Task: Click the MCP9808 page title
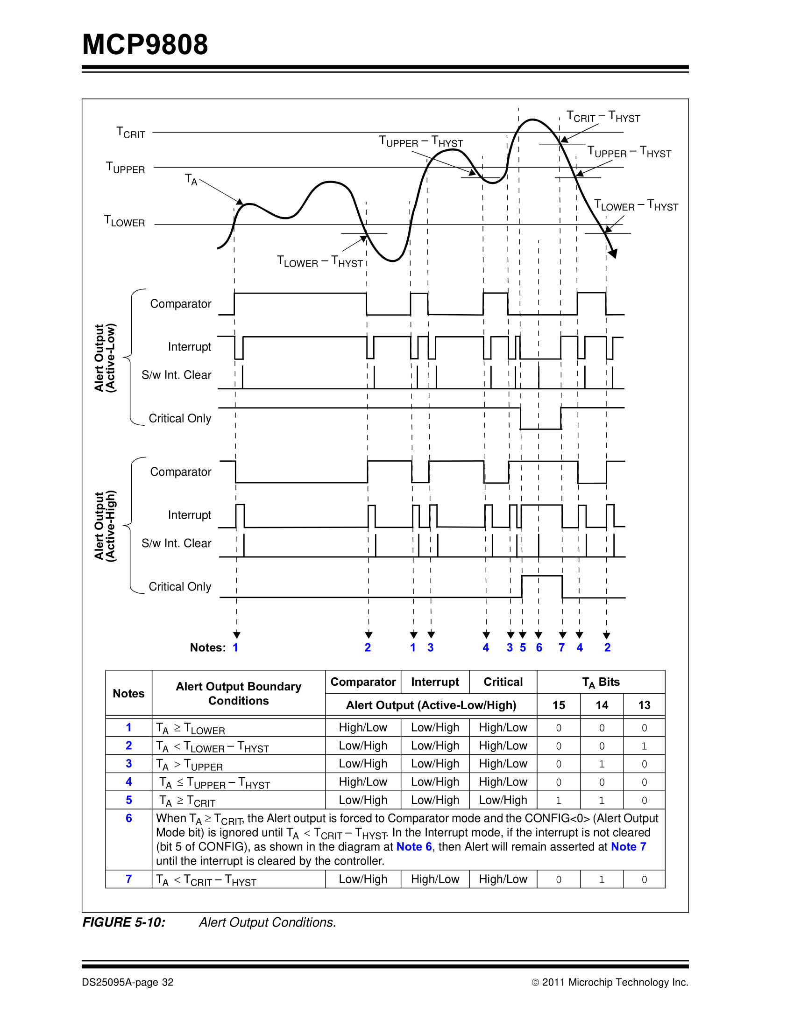pos(145,45)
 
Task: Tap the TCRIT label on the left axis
pos(131,133)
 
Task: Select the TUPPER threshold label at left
pos(125,168)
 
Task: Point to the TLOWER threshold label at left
pos(124,221)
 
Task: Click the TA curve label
pos(191,180)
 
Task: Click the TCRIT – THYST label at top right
pos(603,116)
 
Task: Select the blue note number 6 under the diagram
pos(539,647)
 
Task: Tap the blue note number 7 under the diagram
pos(561,647)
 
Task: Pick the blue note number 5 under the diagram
pos(523,647)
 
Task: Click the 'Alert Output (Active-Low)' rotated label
pos(105,358)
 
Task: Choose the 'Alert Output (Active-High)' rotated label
pos(105,526)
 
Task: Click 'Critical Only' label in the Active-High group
pos(180,587)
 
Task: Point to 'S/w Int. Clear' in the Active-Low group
pos(177,375)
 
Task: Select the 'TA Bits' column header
pos(601,682)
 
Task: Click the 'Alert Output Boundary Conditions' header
pos(239,694)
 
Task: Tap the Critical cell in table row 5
pos(503,800)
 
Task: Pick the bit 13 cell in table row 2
pos(644,746)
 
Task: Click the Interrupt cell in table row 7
pos(435,879)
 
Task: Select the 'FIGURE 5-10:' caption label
pos(124,922)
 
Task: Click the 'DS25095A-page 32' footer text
pos(128,982)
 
